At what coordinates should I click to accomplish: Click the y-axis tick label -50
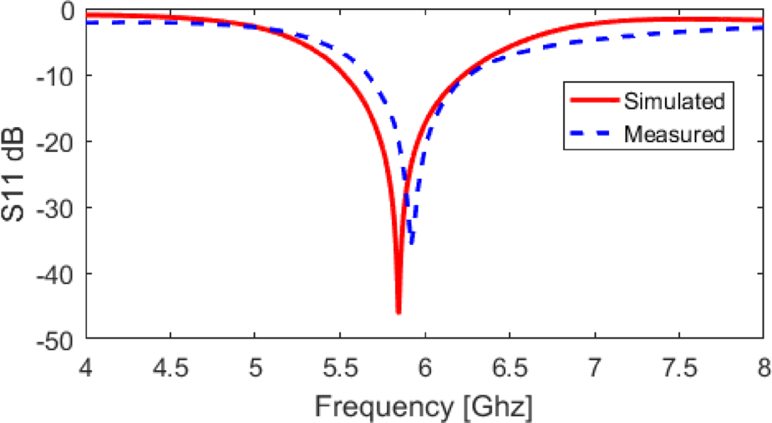pyautogui.click(x=58, y=339)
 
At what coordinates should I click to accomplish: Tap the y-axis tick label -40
pyautogui.click(x=58, y=273)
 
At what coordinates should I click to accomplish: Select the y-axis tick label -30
pyautogui.click(x=58, y=207)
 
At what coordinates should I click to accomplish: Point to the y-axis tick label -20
pyautogui.click(x=58, y=141)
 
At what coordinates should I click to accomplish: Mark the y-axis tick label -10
pyautogui.click(x=58, y=76)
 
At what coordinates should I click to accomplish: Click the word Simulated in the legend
pyautogui.click(x=673, y=102)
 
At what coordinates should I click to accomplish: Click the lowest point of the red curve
pyautogui.click(x=399, y=313)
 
